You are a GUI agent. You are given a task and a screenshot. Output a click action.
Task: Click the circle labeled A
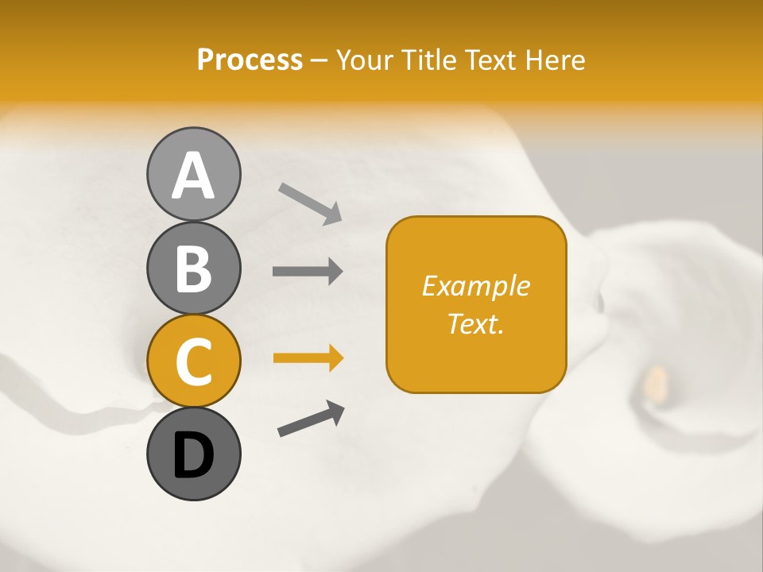[x=193, y=174]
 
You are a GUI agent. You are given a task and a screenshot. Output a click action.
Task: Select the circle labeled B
[x=193, y=268]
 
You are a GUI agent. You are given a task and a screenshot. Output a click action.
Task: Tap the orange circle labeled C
[x=193, y=361]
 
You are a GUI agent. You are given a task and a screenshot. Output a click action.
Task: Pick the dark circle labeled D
[x=193, y=454]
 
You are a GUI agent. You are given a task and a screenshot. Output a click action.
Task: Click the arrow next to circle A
[x=310, y=203]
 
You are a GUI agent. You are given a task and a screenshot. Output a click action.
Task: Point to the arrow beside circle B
[x=308, y=271]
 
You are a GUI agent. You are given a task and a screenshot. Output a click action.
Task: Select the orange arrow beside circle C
[x=308, y=358]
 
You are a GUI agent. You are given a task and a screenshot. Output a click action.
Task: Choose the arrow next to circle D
[x=311, y=419]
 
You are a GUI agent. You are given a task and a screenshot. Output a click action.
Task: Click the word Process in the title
[x=250, y=60]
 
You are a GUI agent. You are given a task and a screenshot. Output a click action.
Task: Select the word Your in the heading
[x=366, y=60]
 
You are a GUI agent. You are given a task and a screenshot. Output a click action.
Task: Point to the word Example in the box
[x=476, y=286]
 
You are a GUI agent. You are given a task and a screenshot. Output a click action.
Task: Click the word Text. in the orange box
[x=476, y=323]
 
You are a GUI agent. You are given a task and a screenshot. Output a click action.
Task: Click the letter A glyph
[x=193, y=176]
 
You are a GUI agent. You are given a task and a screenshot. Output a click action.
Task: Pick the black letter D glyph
[x=193, y=456]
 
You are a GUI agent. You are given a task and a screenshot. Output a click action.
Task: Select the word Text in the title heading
[x=490, y=60]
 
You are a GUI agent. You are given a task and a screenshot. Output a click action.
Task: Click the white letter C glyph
[x=193, y=362]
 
